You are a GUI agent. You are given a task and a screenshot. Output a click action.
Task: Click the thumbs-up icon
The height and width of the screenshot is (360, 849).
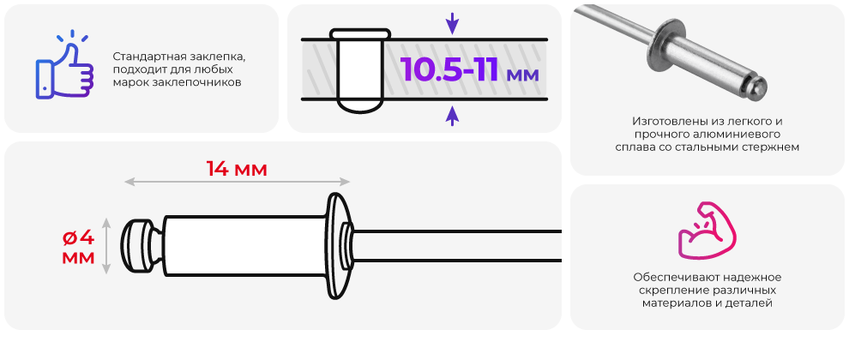(64, 68)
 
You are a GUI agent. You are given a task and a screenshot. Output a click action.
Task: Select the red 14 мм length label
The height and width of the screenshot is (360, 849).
(238, 170)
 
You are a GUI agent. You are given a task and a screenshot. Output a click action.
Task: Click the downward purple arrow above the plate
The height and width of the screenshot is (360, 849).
(452, 24)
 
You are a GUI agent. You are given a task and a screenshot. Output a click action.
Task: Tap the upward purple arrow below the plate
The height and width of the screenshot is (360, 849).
(452, 115)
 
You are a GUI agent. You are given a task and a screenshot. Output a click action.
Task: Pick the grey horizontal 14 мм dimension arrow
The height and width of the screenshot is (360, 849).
(238, 182)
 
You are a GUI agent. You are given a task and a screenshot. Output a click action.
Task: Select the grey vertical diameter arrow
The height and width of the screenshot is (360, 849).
(106, 246)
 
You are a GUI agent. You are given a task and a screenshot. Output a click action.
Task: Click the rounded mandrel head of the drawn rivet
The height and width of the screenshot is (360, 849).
(135, 246)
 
